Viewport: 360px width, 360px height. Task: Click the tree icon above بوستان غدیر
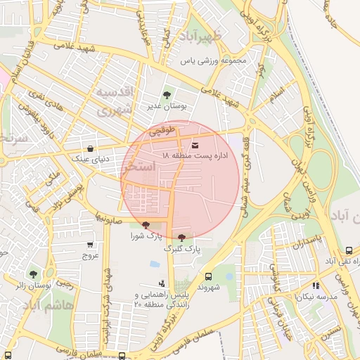tap(166, 95)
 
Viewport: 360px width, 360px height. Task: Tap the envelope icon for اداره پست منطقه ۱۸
tap(195, 146)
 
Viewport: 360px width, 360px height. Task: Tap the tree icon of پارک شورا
tap(146, 226)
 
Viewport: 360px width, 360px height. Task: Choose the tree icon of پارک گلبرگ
tap(183, 238)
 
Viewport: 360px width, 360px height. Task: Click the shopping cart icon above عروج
tap(90, 245)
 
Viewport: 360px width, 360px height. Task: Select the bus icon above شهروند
tap(208, 276)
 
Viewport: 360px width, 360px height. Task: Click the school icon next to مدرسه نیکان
tap(316, 286)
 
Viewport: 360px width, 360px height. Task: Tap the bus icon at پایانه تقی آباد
tap(349, 251)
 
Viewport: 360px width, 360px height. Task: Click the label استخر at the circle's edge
tap(136, 169)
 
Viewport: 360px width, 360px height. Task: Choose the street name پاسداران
tap(307, 243)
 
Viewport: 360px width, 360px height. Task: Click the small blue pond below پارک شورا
tap(155, 264)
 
